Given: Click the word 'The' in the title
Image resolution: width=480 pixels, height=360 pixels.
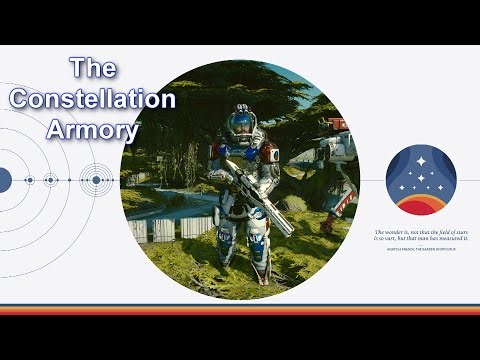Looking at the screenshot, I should coord(93,69).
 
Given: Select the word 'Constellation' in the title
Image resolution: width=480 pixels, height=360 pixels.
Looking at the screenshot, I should coord(92,99).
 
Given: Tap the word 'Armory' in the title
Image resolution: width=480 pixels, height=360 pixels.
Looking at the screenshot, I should coord(93,130).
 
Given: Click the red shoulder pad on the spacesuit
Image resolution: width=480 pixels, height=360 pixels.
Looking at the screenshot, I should coord(269,153).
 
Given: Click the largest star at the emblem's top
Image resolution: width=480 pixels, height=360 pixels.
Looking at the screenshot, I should coord(420,160).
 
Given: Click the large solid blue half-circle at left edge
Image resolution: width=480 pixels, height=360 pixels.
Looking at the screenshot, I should coord(4,180).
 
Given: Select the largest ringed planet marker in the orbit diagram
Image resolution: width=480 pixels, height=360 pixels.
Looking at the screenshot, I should coord(96,180).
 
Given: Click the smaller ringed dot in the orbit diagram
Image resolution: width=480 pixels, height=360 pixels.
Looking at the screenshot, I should coord(49,180).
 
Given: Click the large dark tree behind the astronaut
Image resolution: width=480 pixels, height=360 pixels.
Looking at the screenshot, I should coord(190,120).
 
